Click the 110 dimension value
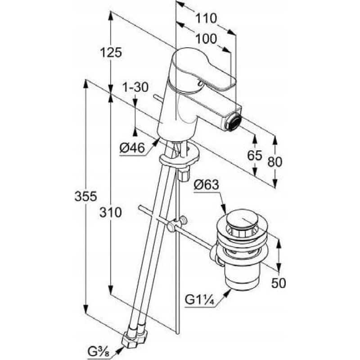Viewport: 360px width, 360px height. [x=206, y=18]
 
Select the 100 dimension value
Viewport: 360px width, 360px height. [x=206, y=39]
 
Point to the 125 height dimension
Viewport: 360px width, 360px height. [x=111, y=53]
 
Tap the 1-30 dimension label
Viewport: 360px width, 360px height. [x=135, y=87]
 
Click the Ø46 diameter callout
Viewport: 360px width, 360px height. [x=132, y=148]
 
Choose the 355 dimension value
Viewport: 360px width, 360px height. [x=85, y=196]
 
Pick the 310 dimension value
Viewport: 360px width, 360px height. [x=110, y=212]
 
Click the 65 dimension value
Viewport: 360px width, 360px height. [x=255, y=155]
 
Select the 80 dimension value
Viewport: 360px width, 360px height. [x=275, y=162]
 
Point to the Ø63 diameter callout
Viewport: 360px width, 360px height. [x=206, y=184]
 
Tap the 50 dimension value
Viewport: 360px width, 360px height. [x=279, y=283]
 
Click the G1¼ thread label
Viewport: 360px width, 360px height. [x=199, y=300]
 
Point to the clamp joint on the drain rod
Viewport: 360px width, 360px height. [x=177, y=224]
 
